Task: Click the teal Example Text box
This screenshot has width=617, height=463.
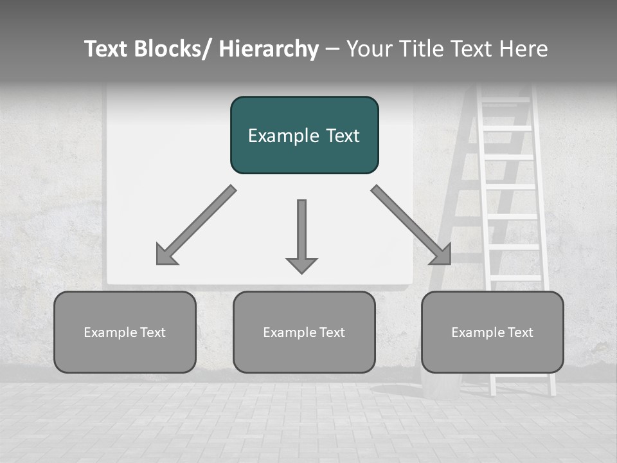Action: [x=304, y=135]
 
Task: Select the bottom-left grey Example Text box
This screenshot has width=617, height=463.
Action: [x=125, y=332]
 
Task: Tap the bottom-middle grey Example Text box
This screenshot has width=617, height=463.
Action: [x=304, y=332]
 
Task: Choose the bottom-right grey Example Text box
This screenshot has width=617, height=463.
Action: [x=492, y=332]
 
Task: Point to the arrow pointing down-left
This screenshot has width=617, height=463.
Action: [x=196, y=225]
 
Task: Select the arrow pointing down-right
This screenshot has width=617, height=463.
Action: [x=411, y=225]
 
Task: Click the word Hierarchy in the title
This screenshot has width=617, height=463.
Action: [x=269, y=49]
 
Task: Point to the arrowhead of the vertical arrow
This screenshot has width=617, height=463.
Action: [x=301, y=265]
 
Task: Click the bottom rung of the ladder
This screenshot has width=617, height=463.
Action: [x=516, y=278]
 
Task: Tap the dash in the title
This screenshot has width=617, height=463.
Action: [x=332, y=50]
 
